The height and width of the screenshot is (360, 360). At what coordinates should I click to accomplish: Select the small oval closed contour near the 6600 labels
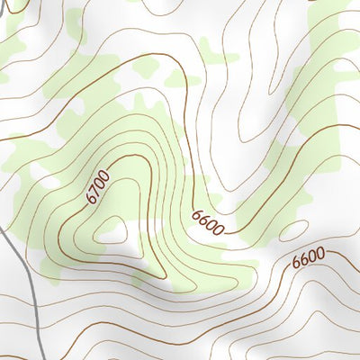pyautogui.click(x=293, y=231)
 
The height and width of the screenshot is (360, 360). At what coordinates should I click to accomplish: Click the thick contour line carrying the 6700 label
pyautogui.click(x=135, y=162)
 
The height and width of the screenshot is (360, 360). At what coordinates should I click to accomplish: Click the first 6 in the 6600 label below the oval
pyautogui.click(x=296, y=263)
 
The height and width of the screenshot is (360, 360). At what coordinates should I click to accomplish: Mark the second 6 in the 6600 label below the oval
pyautogui.click(x=304, y=260)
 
